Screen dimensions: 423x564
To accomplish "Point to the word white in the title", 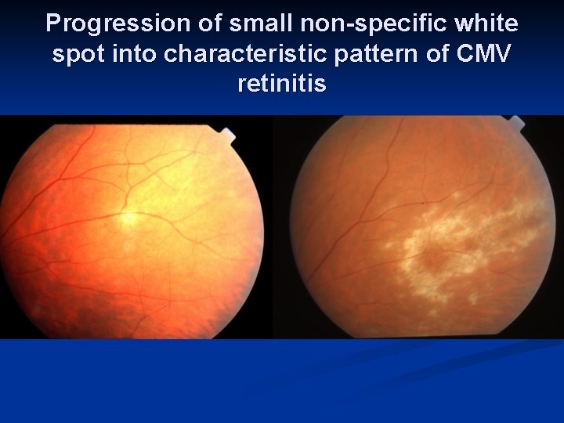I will pyautogui.click(x=492, y=24).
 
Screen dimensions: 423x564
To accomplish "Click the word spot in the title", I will pyautogui.click(x=76, y=55).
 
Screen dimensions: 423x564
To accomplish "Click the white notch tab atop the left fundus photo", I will pyautogui.click(x=227, y=134).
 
